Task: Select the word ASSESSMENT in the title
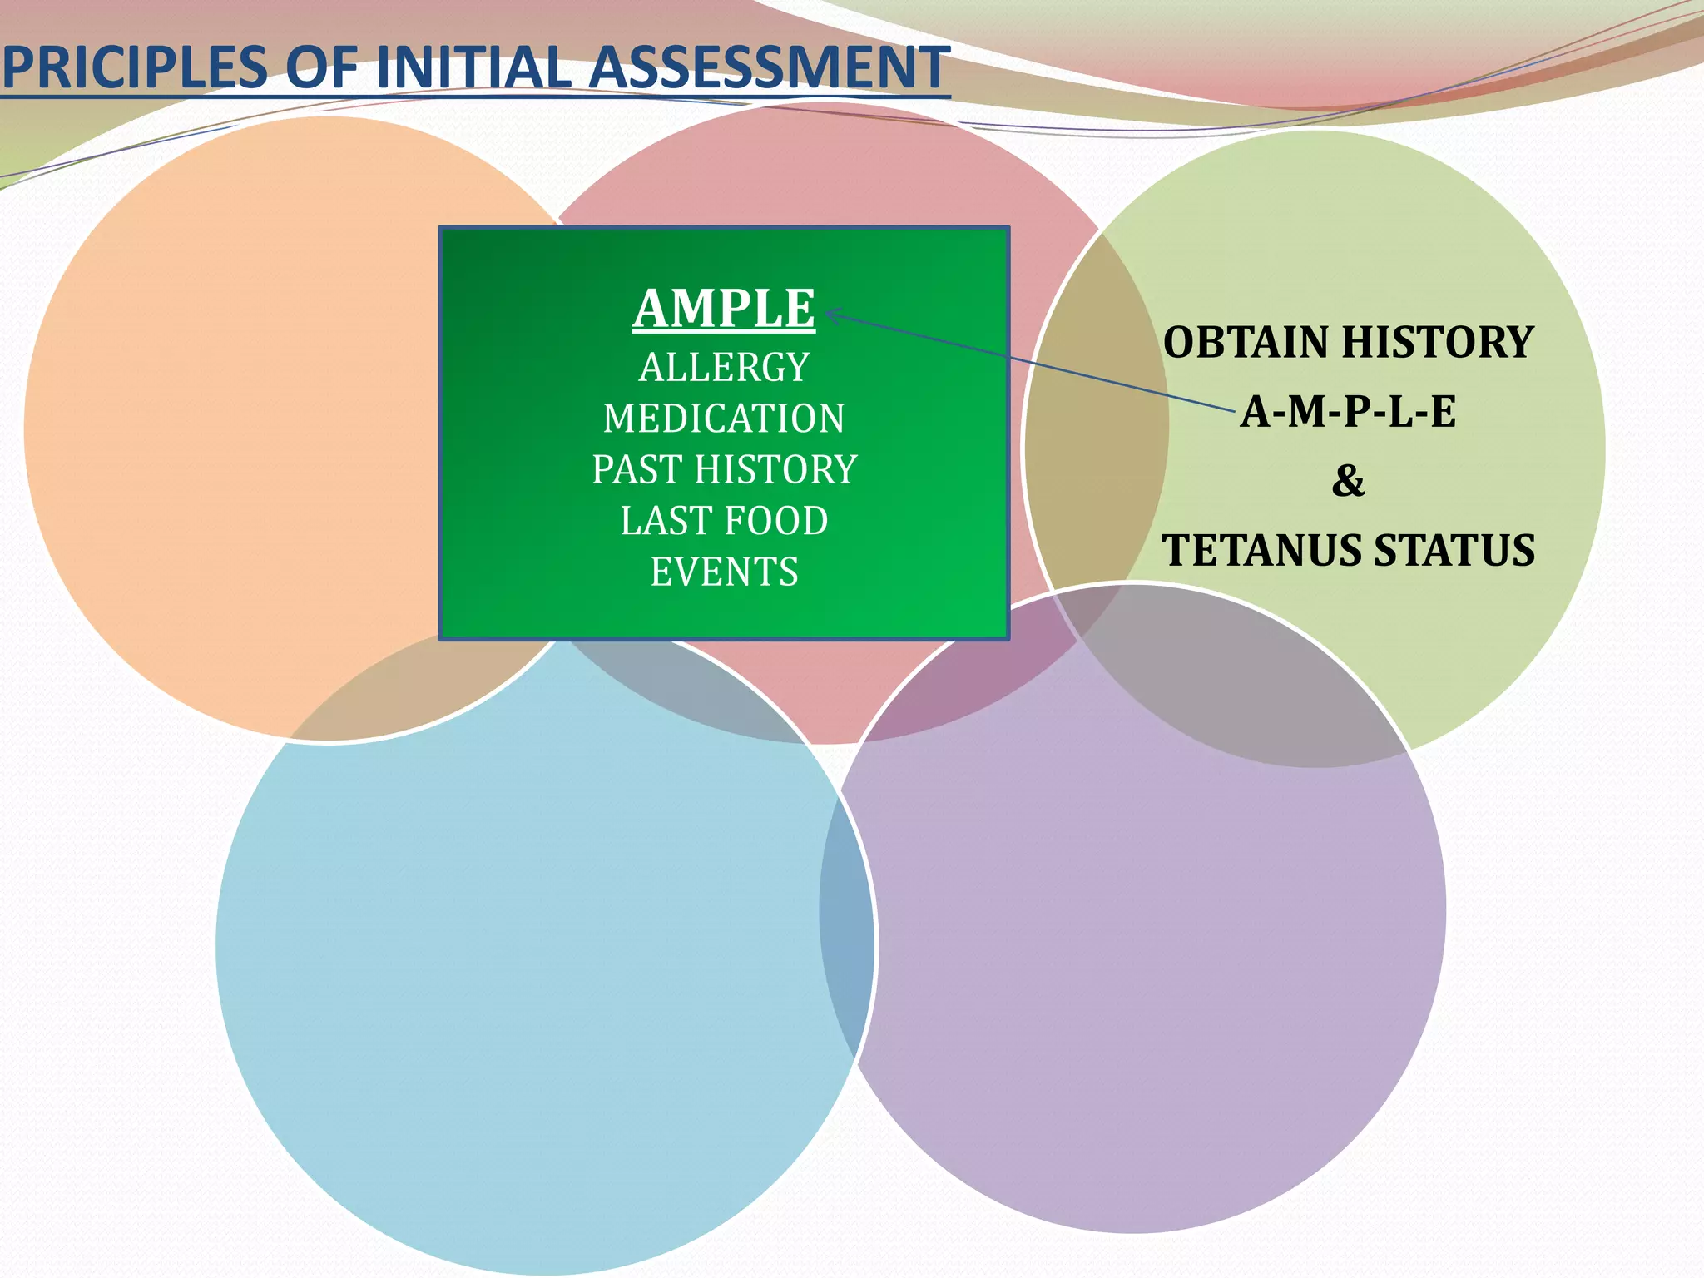click(x=769, y=68)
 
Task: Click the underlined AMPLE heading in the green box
click(x=724, y=309)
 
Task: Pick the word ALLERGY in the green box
click(x=724, y=368)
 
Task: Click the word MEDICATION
click(x=724, y=419)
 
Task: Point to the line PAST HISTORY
click(x=724, y=470)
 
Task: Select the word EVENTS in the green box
click(x=724, y=572)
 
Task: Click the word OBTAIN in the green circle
click(x=1245, y=343)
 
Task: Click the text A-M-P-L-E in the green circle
click(x=1348, y=412)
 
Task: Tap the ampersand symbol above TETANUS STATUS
click(x=1348, y=481)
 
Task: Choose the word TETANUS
click(x=1261, y=551)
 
